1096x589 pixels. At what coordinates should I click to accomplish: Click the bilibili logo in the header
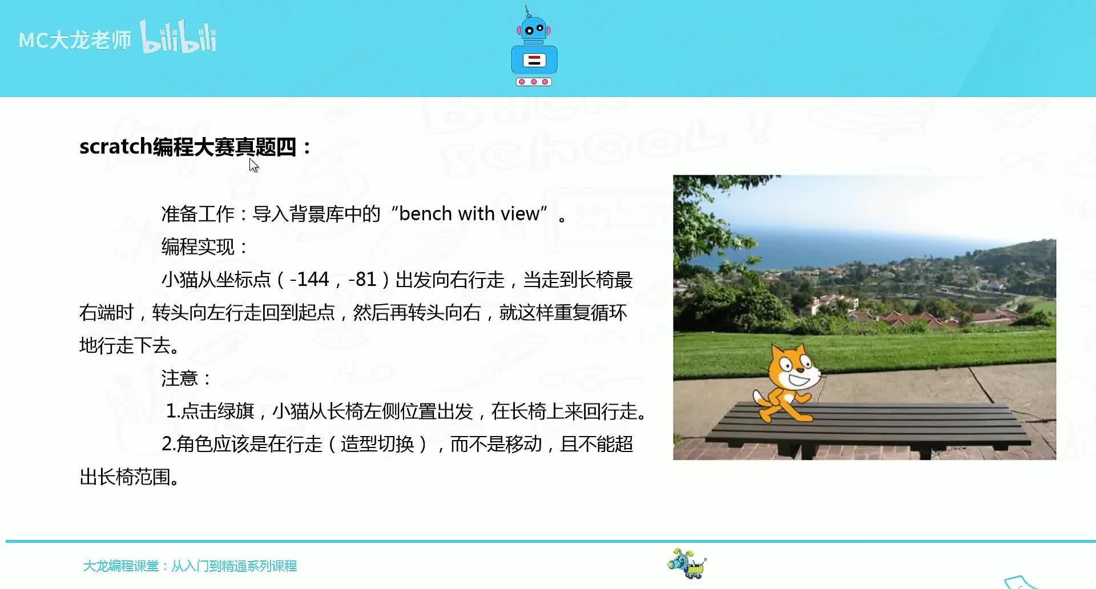coord(178,38)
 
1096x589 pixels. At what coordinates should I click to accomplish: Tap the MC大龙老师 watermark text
coord(75,40)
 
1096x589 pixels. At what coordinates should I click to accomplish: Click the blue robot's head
coord(534,29)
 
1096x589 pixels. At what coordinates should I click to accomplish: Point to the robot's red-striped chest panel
coord(534,60)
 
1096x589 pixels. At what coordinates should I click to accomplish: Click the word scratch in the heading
coord(115,147)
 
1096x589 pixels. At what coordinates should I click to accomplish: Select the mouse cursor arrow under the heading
coord(253,166)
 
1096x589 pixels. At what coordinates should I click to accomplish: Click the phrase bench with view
coord(469,213)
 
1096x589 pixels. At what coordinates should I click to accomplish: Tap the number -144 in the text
coord(309,279)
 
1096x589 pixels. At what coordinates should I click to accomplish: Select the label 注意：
coord(186,378)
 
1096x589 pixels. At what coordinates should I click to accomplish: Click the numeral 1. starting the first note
coord(173,411)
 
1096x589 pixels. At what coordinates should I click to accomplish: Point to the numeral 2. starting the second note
coord(168,444)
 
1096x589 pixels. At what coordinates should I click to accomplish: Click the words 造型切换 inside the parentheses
coord(377,444)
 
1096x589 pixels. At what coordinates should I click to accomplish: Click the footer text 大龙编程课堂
coord(121,566)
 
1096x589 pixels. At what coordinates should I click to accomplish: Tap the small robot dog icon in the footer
coord(687,564)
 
